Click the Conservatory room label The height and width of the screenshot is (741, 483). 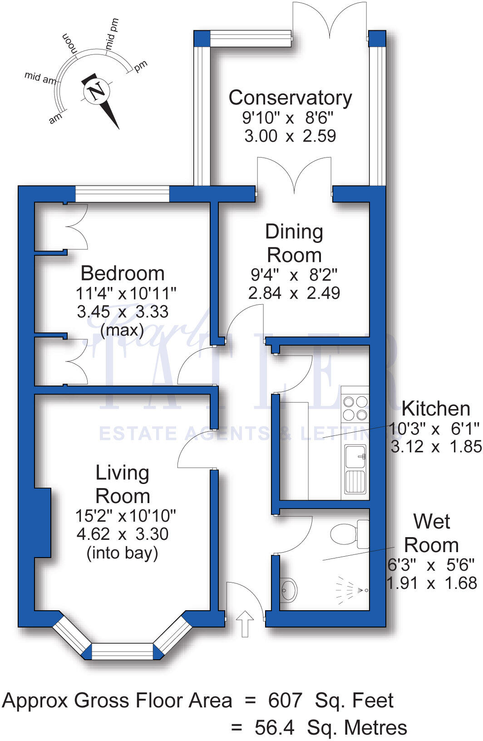pyautogui.click(x=290, y=98)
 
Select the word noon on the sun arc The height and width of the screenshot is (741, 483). pyautogui.click(x=69, y=44)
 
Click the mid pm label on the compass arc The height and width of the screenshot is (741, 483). pyautogui.click(x=112, y=35)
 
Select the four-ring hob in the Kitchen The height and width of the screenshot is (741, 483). pyautogui.click(x=355, y=408)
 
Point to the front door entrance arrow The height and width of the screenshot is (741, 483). pyautogui.click(x=245, y=623)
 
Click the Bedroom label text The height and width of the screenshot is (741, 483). pyautogui.click(x=123, y=273)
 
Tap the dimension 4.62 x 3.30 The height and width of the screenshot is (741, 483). pyautogui.click(x=123, y=534)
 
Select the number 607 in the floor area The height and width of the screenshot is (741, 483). pyautogui.click(x=285, y=701)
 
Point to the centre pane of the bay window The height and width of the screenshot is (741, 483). pyautogui.click(x=122, y=651)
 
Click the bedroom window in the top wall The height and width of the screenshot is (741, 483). pyautogui.click(x=122, y=194)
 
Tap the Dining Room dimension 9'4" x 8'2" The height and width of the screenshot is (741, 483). pyautogui.click(x=294, y=275)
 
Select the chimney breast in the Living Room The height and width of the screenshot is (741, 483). pyautogui.click(x=42, y=523)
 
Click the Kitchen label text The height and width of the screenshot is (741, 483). pyautogui.click(x=436, y=409)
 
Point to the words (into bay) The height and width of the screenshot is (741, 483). pyautogui.click(x=123, y=553)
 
